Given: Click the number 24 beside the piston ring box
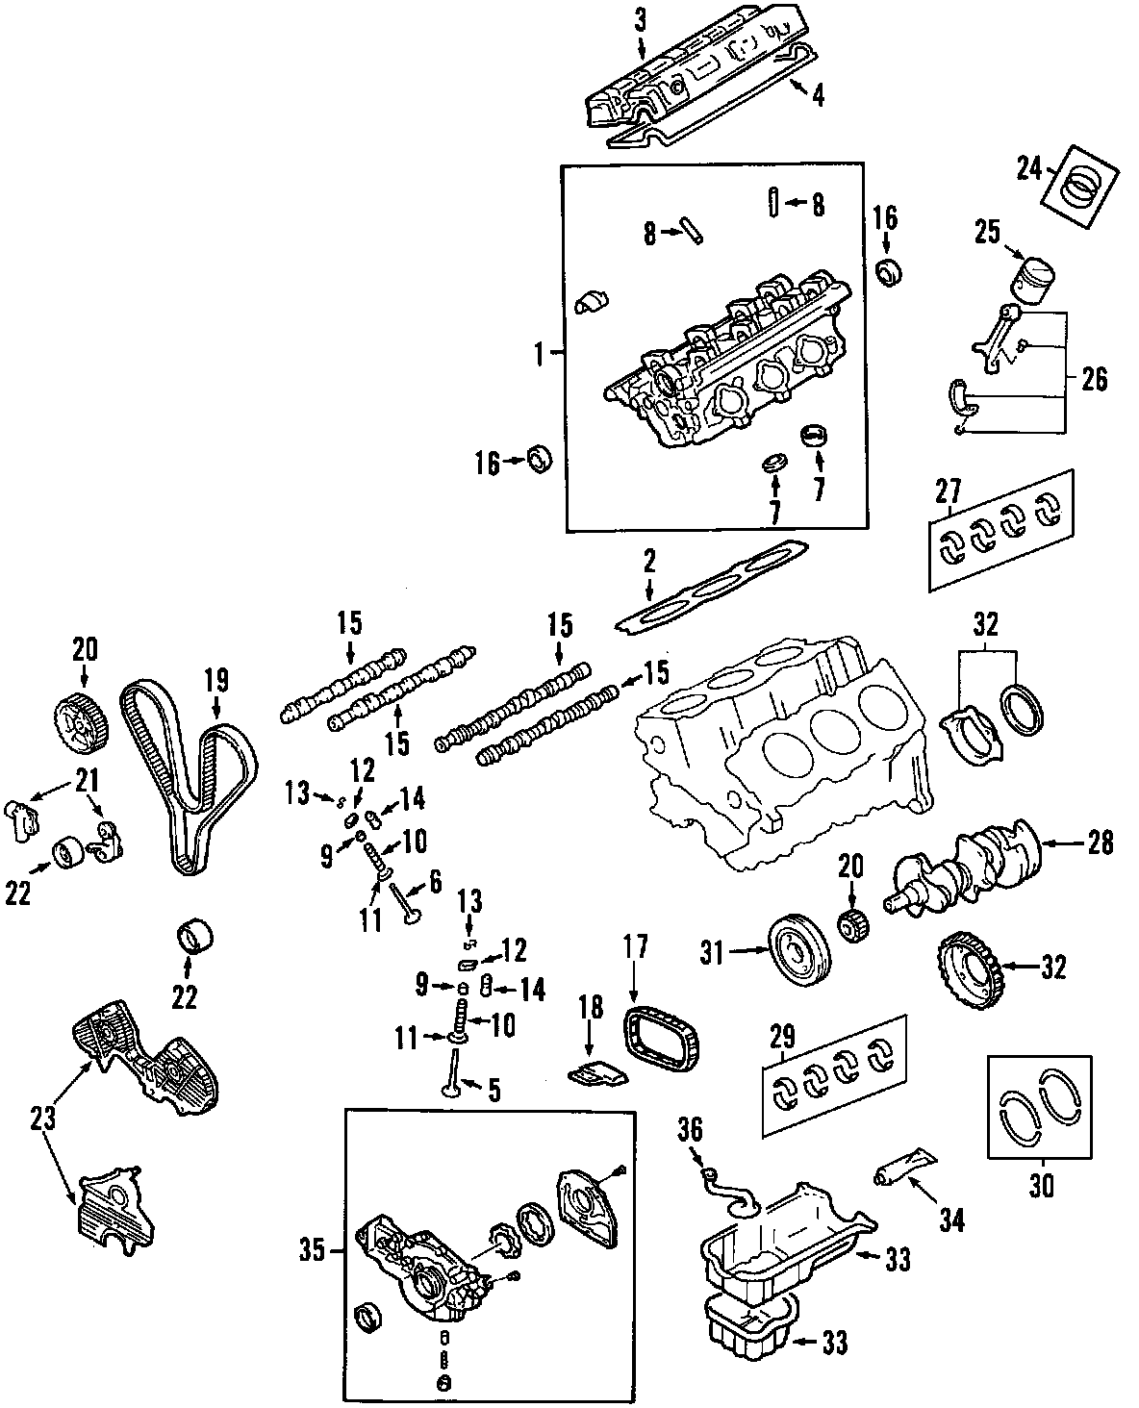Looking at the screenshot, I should coord(1030,169).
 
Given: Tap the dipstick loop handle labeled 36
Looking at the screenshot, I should coord(709,1170).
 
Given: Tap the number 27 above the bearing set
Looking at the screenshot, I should coord(948,491).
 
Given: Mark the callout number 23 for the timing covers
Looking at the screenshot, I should coord(41,1118).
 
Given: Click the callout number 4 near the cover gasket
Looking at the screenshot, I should coord(817,96).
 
